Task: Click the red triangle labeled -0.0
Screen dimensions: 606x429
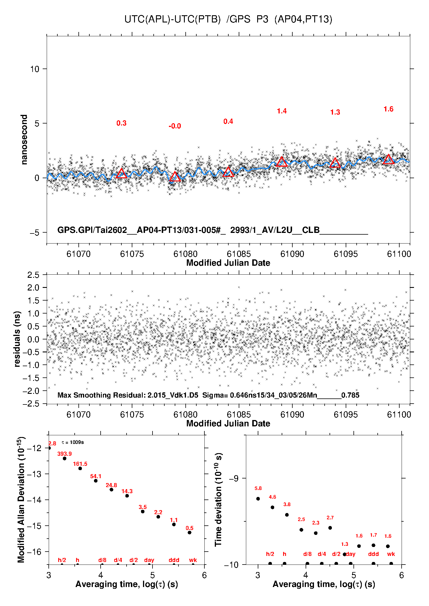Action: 175,177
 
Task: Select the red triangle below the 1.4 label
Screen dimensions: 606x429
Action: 282,162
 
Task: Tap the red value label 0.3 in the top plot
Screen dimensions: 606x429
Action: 121,123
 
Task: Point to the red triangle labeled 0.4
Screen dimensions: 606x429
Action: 228,172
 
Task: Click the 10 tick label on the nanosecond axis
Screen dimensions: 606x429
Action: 35,69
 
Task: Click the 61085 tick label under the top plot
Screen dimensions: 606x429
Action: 239,254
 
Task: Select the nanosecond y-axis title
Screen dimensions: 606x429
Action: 24,140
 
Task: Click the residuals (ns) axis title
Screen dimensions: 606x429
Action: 17,339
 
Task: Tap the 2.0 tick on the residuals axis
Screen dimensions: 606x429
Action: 33,288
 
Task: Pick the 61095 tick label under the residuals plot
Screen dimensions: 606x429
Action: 345,415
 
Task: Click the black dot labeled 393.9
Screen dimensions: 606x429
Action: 65,458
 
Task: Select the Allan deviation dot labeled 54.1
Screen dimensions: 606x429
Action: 96,480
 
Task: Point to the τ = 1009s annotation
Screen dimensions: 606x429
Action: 73,442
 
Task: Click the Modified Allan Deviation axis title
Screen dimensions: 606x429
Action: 21,499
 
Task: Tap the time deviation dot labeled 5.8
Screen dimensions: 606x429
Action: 258,499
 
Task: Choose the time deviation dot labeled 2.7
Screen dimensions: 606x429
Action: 330,528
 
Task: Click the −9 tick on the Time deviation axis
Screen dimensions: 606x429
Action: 234,478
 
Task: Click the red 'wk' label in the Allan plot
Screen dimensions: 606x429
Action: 193,560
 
